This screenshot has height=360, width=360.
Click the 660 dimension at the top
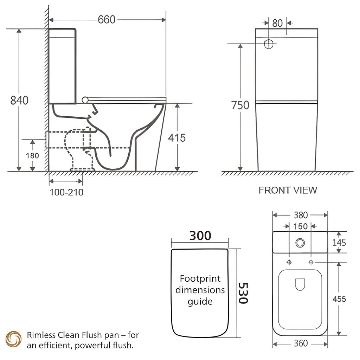click(107, 20)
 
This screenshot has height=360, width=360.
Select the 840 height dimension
click(20, 100)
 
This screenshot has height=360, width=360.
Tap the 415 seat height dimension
click(177, 138)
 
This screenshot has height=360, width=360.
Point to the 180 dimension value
click(32, 156)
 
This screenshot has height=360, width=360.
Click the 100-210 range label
click(66, 192)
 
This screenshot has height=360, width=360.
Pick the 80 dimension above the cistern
click(277, 23)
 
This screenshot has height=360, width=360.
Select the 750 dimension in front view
click(240, 105)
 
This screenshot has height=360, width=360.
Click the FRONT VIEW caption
click(288, 190)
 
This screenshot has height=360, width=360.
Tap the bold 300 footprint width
click(200, 236)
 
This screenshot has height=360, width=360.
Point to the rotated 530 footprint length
click(243, 293)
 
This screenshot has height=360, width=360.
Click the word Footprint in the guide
click(200, 278)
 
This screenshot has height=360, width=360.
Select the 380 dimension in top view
click(301, 215)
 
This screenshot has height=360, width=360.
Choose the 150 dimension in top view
click(300, 226)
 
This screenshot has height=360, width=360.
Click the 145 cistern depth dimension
click(339, 243)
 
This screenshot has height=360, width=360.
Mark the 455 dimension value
click(339, 299)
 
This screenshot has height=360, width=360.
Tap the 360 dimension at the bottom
click(301, 343)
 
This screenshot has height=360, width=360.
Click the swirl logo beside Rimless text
click(14, 339)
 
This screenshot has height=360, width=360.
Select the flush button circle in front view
click(269, 44)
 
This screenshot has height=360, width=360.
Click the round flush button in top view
click(300, 243)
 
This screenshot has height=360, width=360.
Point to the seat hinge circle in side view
click(85, 100)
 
